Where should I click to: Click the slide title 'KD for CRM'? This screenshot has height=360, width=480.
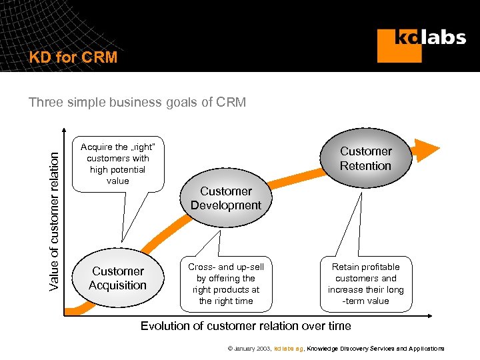tap(73, 57)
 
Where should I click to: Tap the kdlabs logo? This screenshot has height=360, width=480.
tap(421, 44)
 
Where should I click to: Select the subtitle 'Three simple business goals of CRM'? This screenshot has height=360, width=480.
tap(137, 102)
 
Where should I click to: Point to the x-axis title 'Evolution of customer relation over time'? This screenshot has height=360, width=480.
tap(245, 326)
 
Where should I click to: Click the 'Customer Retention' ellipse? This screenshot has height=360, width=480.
tap(365, 159)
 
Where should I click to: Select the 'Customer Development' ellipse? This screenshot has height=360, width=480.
tap(226, 198)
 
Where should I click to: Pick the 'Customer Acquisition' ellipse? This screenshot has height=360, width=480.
tap(118, 278)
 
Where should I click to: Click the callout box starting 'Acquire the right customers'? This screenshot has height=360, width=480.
tap(118, 163)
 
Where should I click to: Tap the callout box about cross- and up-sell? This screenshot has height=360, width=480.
tap(226, 284)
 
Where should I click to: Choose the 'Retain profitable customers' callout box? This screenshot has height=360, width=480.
tap(365, 284)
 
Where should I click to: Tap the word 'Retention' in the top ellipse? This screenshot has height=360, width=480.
tap(365, 166)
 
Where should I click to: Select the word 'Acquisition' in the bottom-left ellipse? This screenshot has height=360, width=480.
tap(118, 285)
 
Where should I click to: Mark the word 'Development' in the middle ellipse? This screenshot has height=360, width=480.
tap(226, 205)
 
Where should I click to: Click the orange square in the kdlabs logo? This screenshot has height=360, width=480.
tap(399, 46)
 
